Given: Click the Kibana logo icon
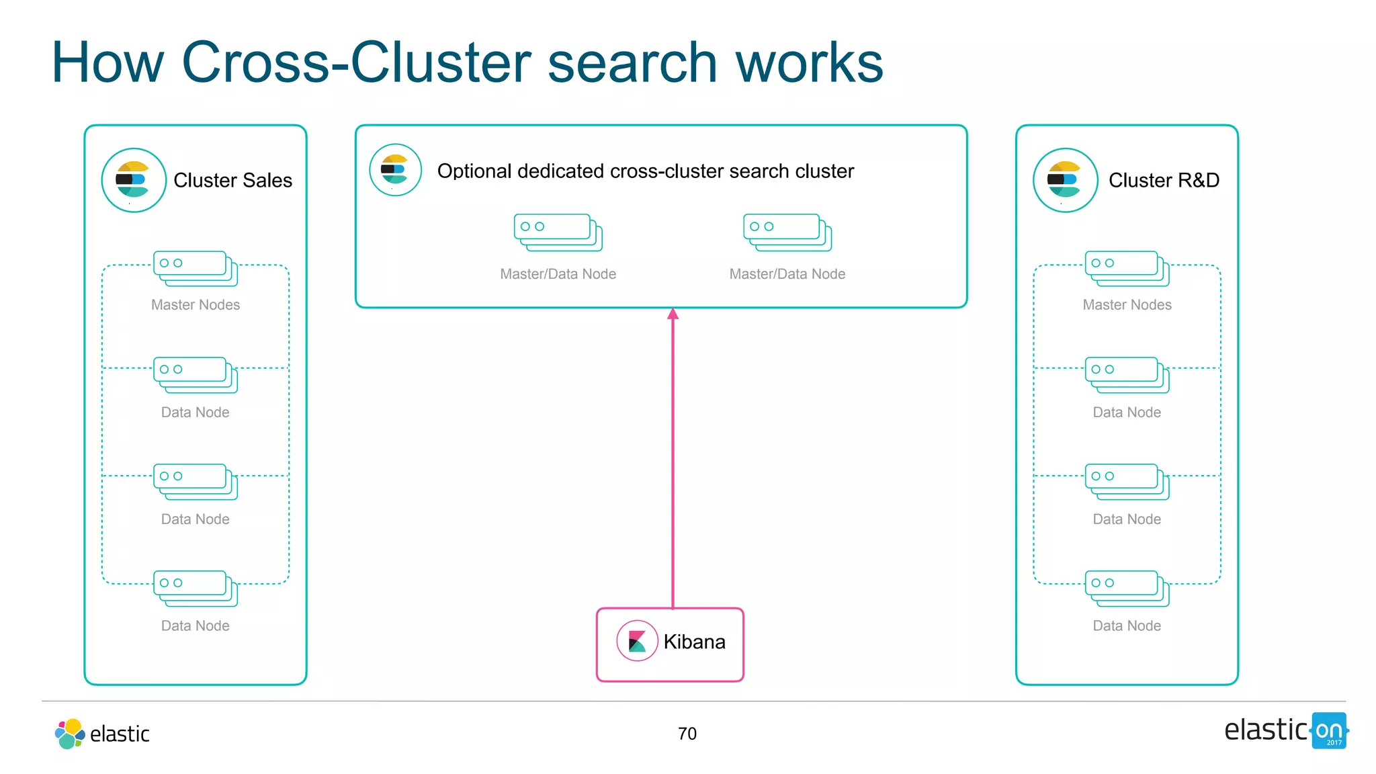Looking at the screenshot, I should [636, 641].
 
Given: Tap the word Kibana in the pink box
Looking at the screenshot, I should [694, 642].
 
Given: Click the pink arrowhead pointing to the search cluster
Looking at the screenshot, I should [673, 314].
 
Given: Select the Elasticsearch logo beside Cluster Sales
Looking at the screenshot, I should [134, 180].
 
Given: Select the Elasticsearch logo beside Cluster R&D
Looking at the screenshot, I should [1065, 180].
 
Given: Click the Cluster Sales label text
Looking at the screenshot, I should [232, 180].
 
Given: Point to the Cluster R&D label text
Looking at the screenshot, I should [1164, 180].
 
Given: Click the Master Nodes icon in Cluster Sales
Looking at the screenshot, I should [196, 268].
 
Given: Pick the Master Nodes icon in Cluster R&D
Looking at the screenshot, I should [1127, 268].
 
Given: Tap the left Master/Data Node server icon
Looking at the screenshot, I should [558, 232].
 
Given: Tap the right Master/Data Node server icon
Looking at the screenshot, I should [787, 232].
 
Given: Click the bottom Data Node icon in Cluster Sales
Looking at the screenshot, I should [196, 588].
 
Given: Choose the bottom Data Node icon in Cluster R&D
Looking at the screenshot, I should [1127, 588].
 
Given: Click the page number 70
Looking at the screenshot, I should [687, 733].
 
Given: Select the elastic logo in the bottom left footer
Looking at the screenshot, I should [102, 733].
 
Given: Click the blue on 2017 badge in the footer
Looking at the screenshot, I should [1329, 731].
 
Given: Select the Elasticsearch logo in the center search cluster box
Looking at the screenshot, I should [395, 170].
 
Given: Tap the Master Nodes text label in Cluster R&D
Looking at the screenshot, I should [1127, 304].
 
